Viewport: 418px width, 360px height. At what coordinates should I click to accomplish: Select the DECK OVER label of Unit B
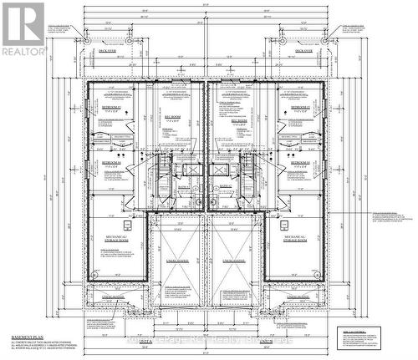(303, 50)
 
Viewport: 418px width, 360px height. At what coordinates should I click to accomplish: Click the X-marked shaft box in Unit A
(191, 170)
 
